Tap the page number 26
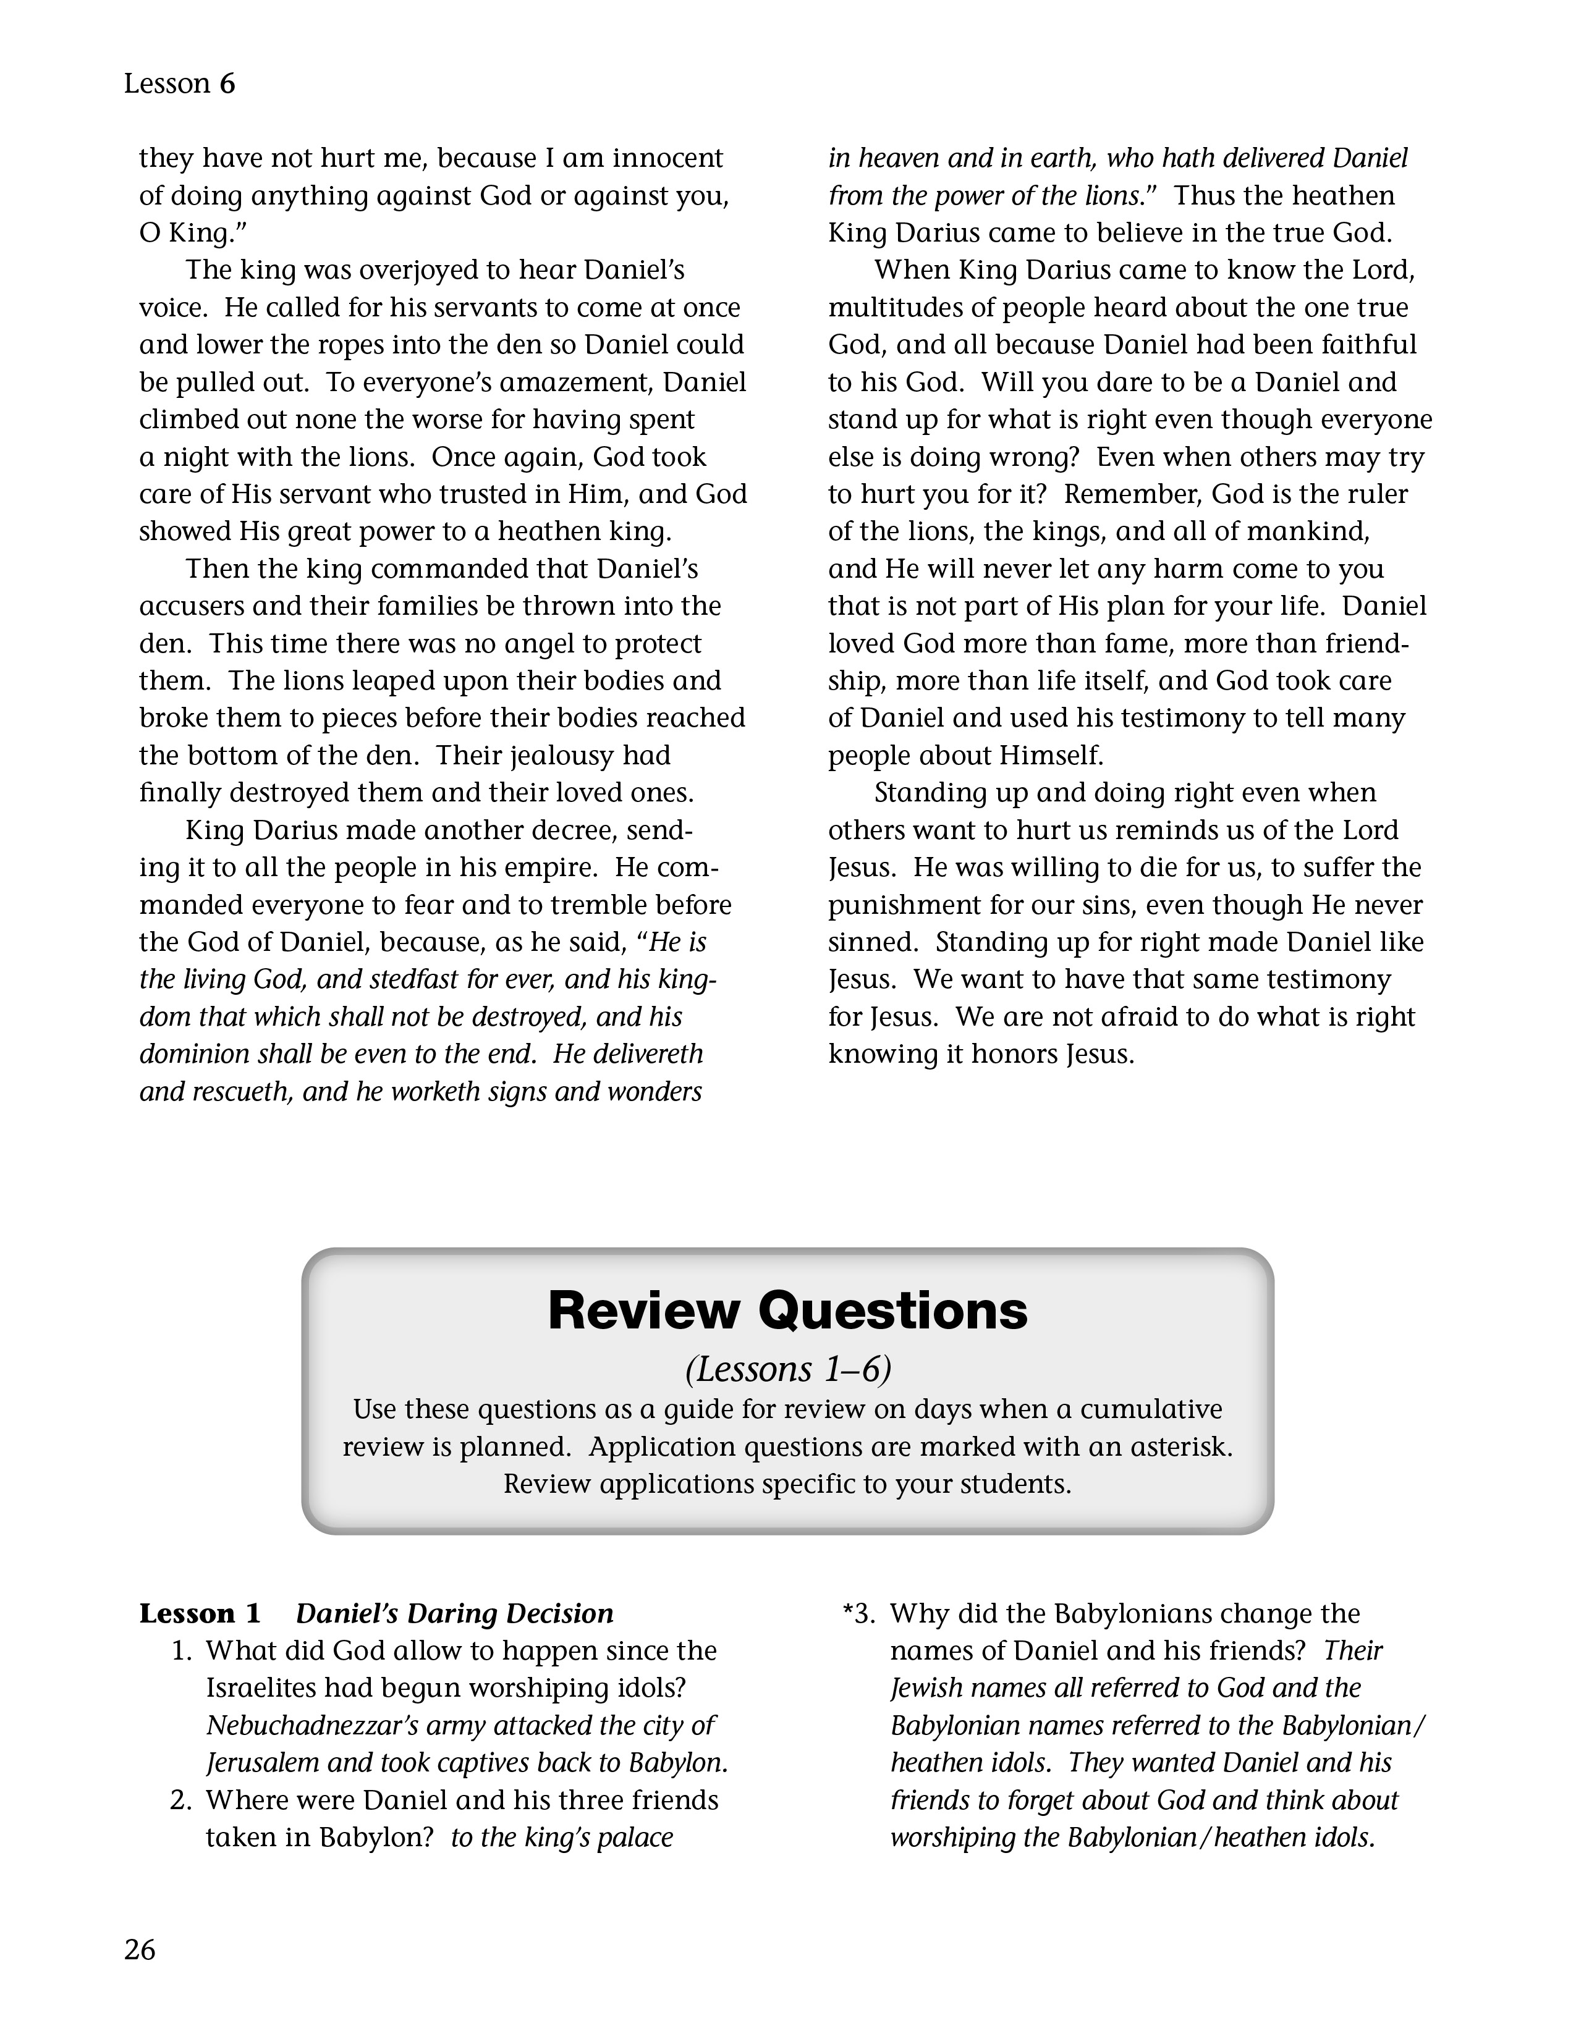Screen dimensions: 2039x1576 pos(140,1950)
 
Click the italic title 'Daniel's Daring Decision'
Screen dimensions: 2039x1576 pos(455,1614)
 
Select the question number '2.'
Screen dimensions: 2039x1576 pos(182,1800)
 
